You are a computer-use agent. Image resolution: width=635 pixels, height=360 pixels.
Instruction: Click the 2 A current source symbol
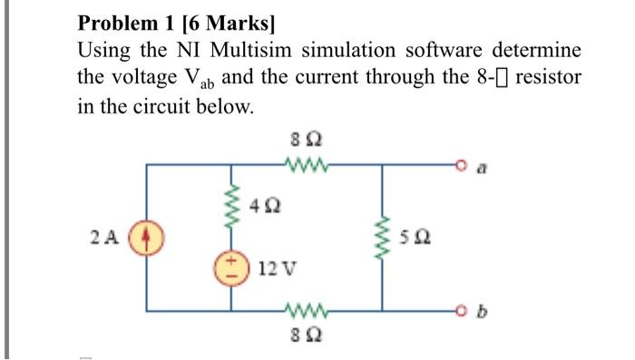click(x=146, y=239)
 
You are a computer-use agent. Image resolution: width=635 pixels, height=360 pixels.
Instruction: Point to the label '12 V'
click(x=275, y=268)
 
